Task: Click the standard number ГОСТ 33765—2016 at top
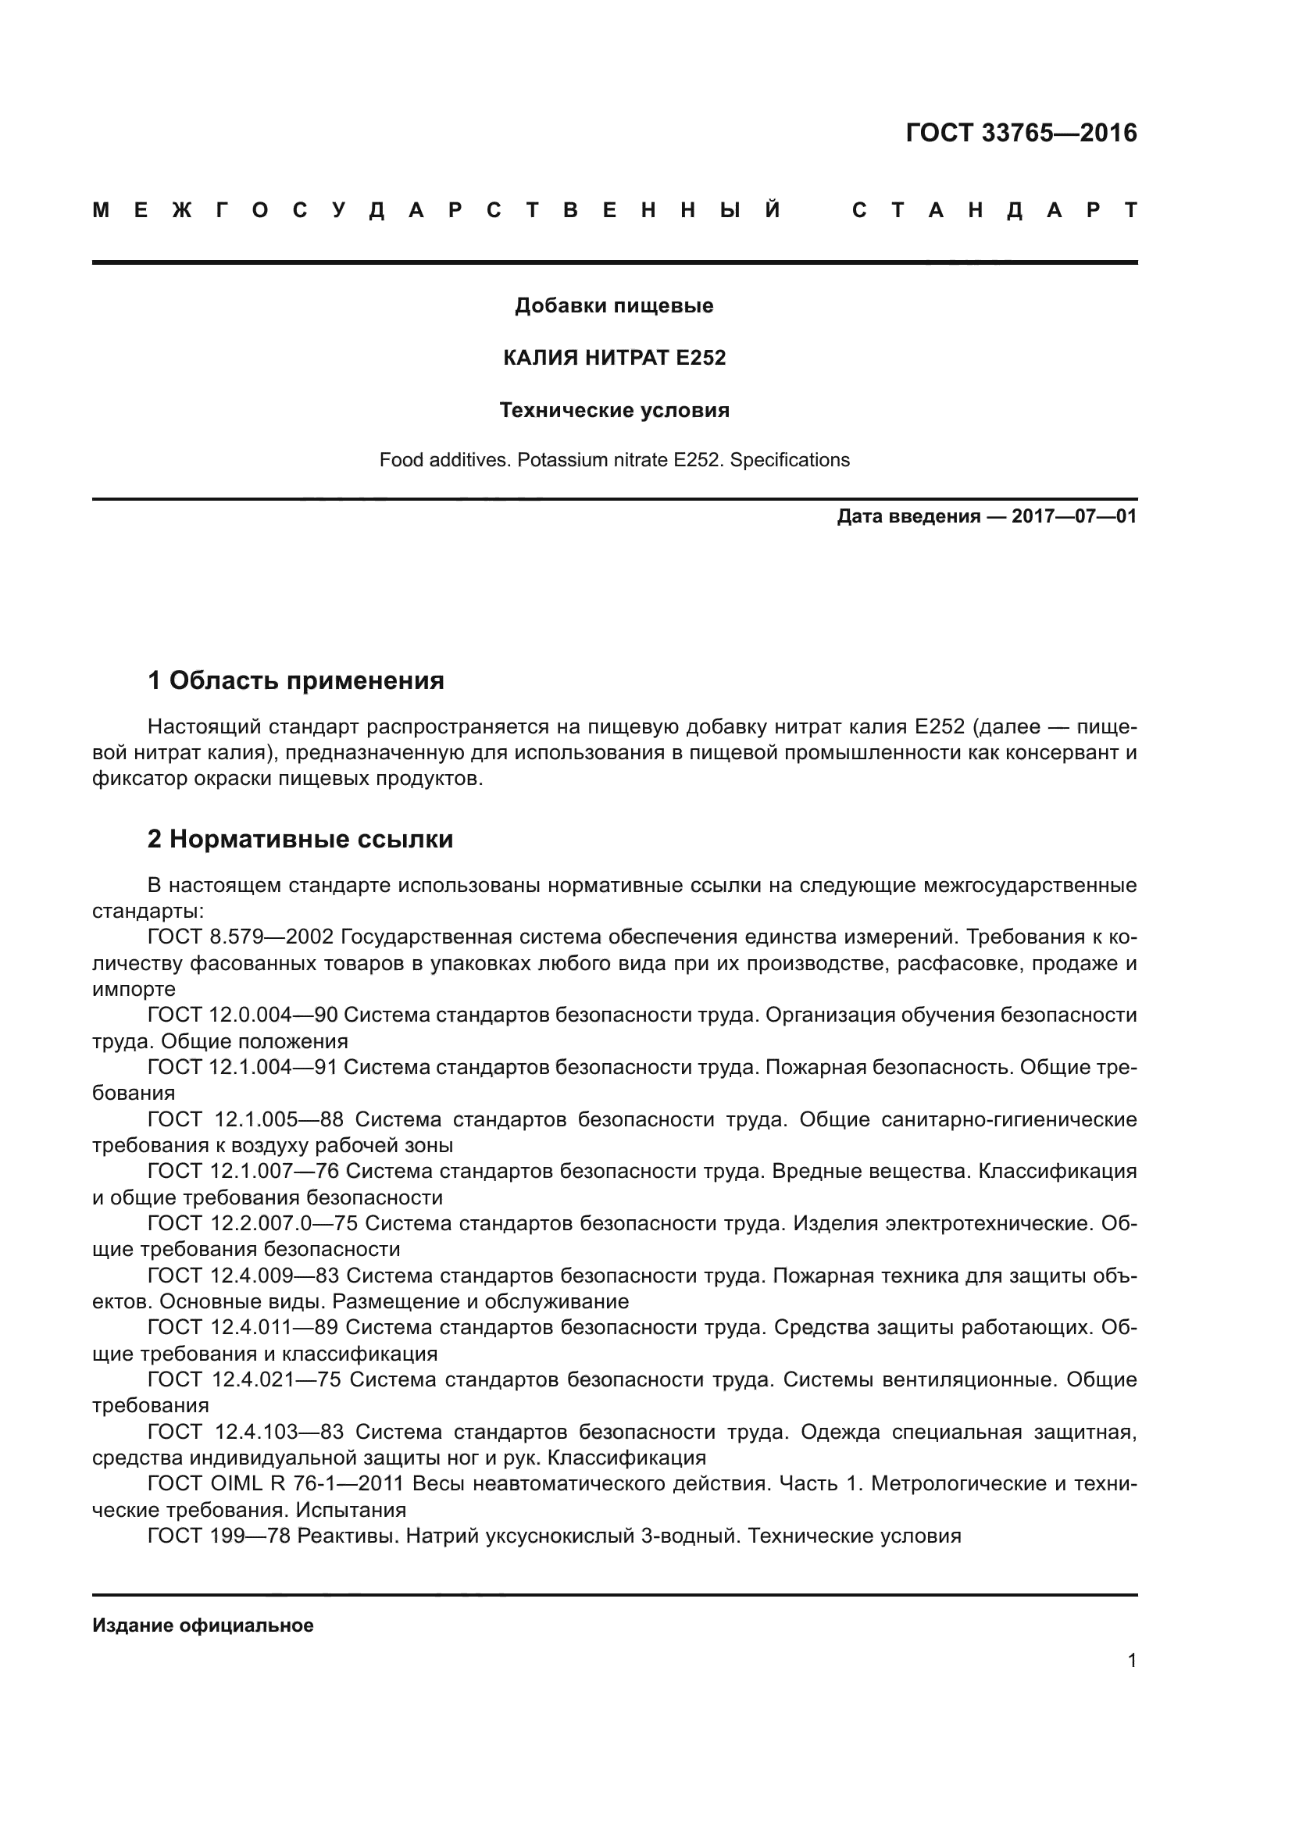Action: click(1021, 133)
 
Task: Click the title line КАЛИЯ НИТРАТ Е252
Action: click(614, 358)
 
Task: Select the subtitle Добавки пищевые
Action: click(614, 305)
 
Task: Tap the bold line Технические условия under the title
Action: click(614, 411)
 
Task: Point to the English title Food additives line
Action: click(614, 460)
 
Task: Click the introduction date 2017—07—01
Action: click(1073, 516)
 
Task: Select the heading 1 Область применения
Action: click(296, 680)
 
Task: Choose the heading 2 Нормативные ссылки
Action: click(300, 839)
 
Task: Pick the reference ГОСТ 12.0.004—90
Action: click(243, 1015)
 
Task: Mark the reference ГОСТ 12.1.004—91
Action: click(243, 1067)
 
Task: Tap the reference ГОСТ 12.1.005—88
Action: click(245, 1119)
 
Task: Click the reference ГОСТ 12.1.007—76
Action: click(243, 1172)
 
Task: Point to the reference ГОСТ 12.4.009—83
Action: click(243, 1276)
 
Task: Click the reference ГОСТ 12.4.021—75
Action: click(244, 1379)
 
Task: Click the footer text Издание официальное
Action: click(203, 1625)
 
